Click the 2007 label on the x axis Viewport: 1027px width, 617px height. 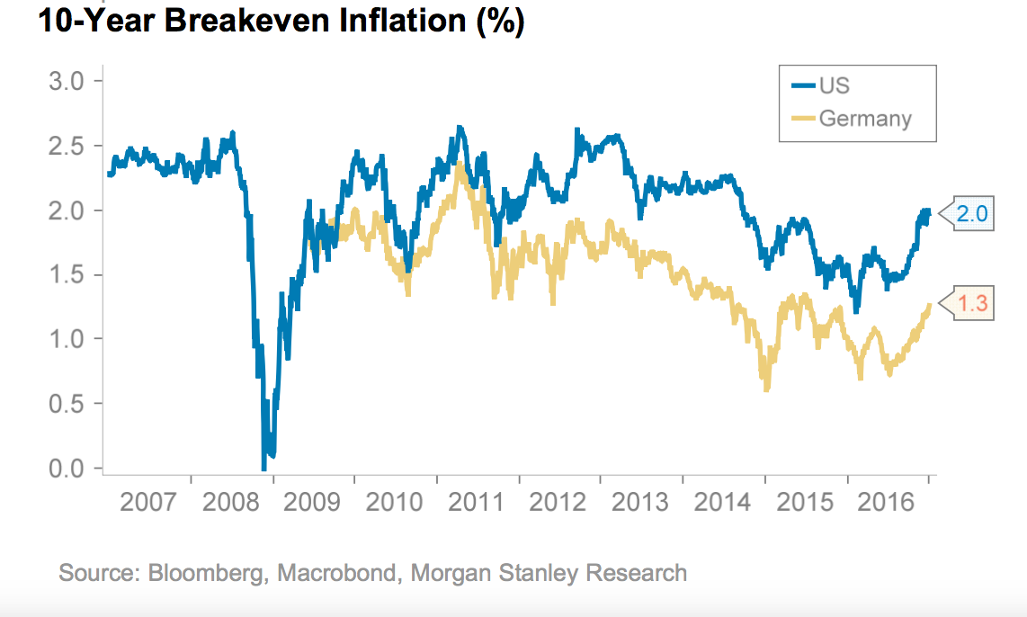(x=148, y=502)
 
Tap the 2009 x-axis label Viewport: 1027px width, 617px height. (x=312, y=502)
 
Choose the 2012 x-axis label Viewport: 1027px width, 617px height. (x=558, y=502)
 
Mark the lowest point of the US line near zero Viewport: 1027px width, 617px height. (x=264, y=467)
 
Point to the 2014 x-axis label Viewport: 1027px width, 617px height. (x=722, y=502)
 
